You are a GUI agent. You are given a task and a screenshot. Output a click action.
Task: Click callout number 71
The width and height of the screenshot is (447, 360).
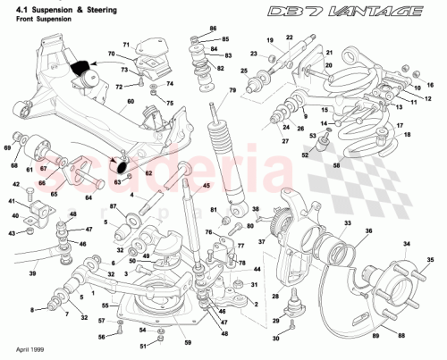[126, 43]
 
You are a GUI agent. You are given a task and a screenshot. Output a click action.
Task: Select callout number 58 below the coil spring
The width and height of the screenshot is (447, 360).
[336, 166]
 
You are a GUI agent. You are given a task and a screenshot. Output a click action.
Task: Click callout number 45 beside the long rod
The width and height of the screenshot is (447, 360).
[207, 186]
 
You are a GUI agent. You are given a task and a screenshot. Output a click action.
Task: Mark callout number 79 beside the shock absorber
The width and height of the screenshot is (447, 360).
[232, 90]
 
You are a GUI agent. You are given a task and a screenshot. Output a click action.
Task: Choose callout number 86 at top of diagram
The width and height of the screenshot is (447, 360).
[212, 29]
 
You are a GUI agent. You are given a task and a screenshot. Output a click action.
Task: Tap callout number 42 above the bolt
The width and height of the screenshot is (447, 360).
[15, 184]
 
